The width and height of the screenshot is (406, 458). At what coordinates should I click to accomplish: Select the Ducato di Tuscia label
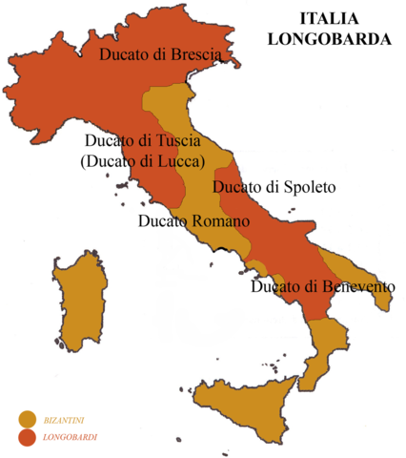pos(142,141)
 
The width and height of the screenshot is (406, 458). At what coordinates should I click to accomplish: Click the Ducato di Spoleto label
pos(274,188)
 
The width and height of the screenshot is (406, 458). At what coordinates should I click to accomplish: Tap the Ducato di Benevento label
pos(322,285)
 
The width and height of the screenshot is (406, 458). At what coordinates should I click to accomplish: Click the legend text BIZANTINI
pos(70,419)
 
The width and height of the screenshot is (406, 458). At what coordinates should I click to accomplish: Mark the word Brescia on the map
pos(194,54)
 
